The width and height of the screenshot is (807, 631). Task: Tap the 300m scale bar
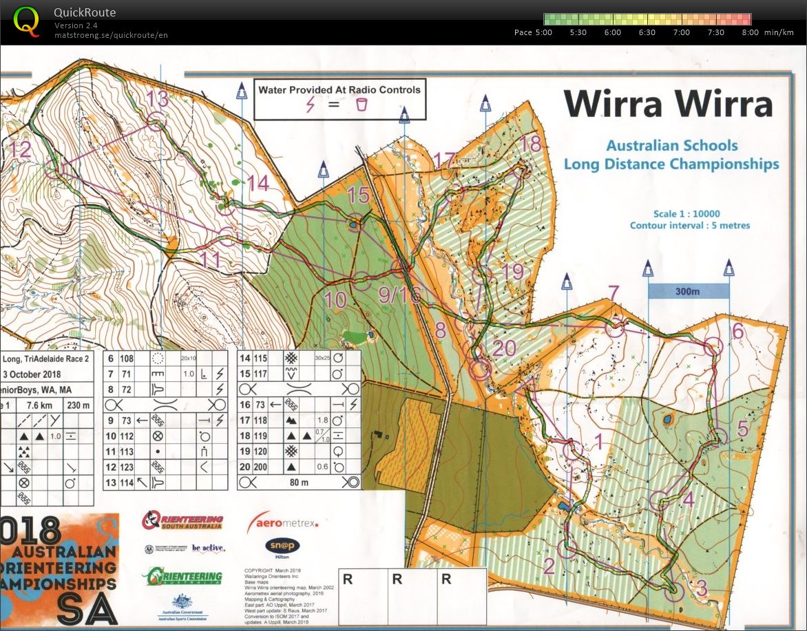pos(688,291)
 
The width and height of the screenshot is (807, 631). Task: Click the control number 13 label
pos(157,98)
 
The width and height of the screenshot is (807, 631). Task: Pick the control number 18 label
pos(531,144)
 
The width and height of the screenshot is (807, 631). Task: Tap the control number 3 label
pos(701,588)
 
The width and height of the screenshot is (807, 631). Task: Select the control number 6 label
pos(737,331)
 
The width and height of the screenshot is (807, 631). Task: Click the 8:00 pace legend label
pos(750,32)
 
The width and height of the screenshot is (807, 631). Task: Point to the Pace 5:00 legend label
pos(533,32)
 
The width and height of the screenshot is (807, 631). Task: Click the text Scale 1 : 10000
pos(689,214)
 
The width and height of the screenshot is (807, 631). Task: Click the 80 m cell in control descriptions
pos(299,482)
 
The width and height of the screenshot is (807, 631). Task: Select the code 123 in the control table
pos(127,467)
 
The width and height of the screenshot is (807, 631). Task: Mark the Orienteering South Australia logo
pos(182,520)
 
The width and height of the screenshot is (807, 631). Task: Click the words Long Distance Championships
pos(671,164)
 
